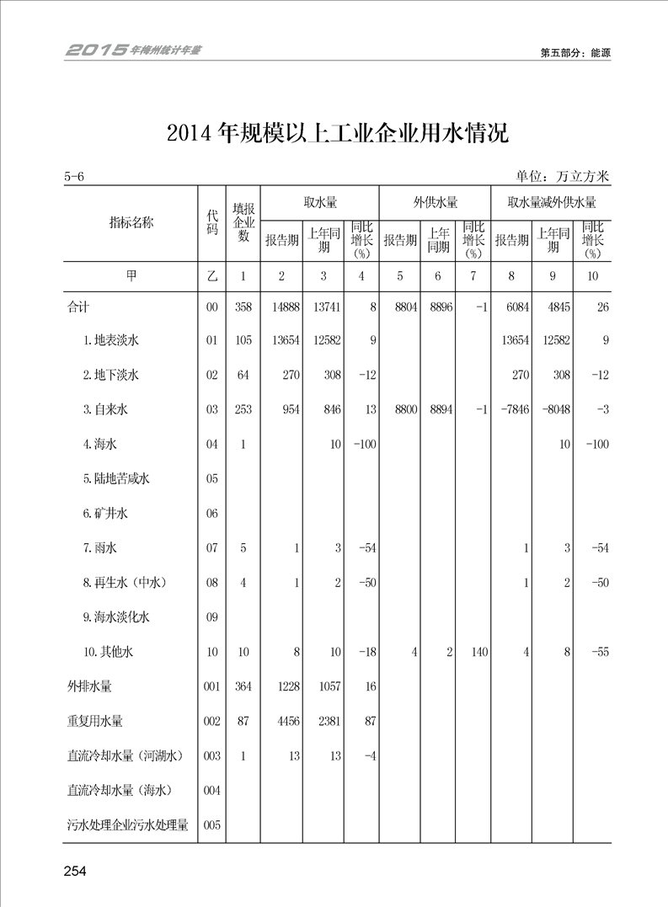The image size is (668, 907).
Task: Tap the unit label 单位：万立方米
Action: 563,177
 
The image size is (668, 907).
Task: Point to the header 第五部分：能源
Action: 575,52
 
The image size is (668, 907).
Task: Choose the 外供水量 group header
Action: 435,202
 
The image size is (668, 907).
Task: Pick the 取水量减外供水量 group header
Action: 552,202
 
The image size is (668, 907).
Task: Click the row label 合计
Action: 78,307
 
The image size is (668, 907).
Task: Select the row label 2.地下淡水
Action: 111,376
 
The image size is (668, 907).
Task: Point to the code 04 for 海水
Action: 212,445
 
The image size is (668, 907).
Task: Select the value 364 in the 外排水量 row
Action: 243,686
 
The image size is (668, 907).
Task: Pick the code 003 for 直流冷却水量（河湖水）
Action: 212,756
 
